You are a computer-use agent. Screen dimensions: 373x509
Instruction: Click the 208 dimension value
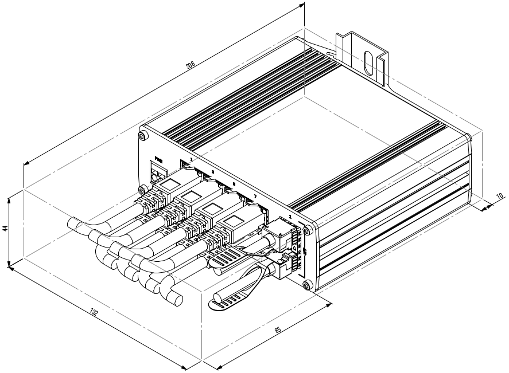[191, 64]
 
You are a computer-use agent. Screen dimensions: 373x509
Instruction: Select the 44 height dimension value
[5, 228]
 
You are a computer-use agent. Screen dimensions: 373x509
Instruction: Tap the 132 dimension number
[94, 312]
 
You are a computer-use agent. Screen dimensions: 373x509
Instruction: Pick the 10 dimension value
[499, 196]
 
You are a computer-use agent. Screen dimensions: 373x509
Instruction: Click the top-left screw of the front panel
[142, 136]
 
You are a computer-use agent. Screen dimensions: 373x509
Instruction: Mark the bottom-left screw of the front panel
[141, 190]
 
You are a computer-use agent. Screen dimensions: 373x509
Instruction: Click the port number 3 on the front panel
[212, 172]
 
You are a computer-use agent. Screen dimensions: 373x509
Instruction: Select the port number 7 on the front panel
[255, 197]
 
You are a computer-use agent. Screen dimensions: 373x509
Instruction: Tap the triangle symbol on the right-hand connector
[294, 248]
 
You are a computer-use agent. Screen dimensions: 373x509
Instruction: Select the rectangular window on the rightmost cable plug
[234, 221]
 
